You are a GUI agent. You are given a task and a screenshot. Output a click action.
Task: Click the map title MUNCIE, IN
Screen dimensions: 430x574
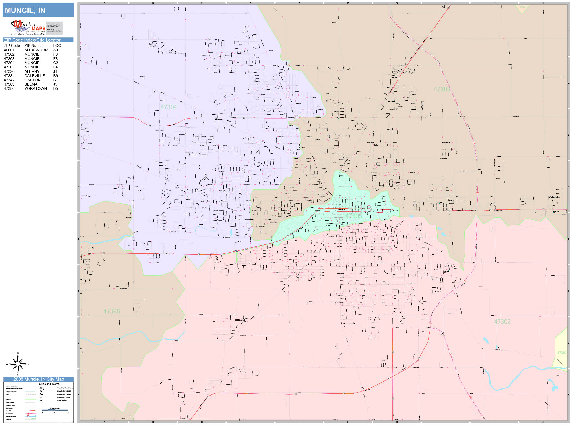click(25, 10)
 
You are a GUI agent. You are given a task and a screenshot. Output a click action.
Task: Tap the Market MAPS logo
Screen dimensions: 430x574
click(28, 27)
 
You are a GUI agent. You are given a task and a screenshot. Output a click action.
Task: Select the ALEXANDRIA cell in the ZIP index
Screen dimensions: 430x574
click(36, 50)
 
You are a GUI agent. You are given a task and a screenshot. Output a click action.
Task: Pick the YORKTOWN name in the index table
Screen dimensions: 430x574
click(36, 89)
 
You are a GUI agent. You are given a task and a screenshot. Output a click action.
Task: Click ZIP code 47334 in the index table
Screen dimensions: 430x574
click(9, 76)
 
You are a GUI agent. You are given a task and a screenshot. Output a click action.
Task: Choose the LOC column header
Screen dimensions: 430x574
click(57, 46)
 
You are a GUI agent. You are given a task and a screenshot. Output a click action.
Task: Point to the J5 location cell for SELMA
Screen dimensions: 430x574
click(55, 84)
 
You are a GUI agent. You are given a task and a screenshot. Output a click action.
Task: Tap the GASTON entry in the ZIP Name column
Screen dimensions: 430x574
click(32, 80)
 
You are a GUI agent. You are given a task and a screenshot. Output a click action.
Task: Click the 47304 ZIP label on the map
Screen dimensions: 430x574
click(169, 107)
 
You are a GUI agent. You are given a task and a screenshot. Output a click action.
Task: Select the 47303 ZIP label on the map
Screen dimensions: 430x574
click(442, 89)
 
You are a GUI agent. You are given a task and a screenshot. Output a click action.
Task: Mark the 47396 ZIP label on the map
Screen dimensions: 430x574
click(112, 311)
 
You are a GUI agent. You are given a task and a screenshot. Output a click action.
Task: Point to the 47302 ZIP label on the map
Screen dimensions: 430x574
click(502, 322)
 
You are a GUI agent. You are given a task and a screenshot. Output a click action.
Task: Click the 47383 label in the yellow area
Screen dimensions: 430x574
click(562, 353)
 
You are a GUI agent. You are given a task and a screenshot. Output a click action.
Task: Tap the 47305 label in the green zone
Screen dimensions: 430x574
click(353, 216)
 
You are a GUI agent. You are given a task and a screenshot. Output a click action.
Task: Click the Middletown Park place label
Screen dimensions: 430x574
click(240, 320)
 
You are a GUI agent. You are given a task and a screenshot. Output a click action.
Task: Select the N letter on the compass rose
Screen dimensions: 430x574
click(18, 353)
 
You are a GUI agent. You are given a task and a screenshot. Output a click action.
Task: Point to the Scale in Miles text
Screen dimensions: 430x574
click(54, 408)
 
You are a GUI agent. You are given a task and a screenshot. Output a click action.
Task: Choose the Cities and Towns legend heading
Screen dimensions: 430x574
click(49, 384)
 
